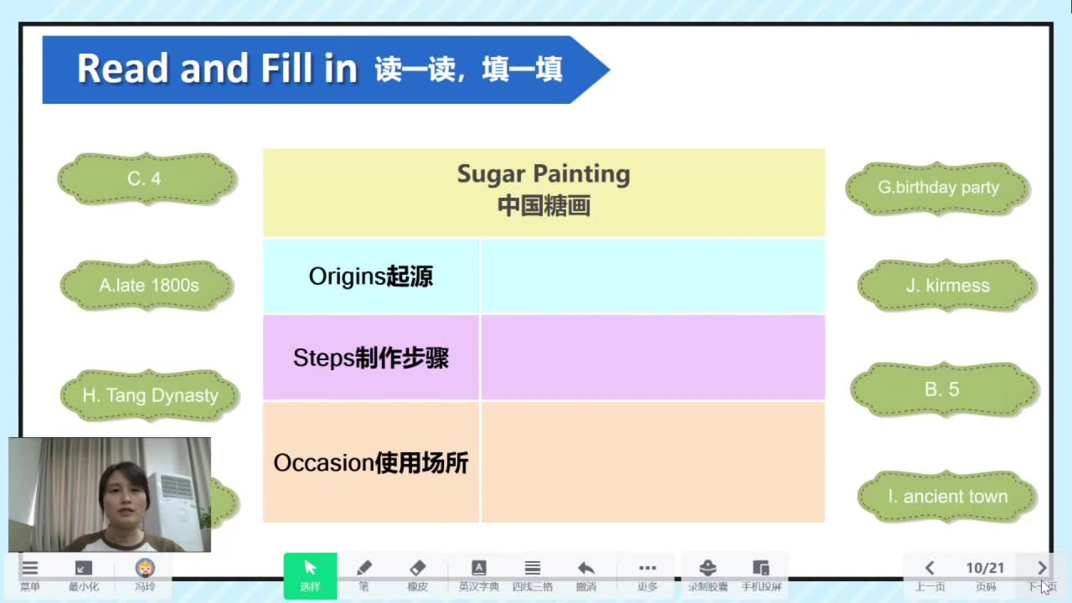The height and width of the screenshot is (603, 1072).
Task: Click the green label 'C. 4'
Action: [x=147, y=179]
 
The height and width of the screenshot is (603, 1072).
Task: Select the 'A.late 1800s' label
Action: [x=147, y=286]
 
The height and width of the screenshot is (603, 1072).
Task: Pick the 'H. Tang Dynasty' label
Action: [x=150, y=395]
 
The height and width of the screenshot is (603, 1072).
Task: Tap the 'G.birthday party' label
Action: [x=937, y=188]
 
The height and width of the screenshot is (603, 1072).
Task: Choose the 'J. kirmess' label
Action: [x=947, y=286]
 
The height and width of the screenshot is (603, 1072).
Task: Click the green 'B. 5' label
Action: [x=945, y=389]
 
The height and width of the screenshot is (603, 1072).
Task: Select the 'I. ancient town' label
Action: [x=947, y=497]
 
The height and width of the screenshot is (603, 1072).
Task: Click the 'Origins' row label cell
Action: [x=371, y=276]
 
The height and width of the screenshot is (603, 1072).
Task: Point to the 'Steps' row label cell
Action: [x=371, y=358]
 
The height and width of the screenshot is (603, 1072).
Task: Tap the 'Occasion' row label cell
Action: [x=371, y=462]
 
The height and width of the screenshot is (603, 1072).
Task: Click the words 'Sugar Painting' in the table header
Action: [x=544, y=174]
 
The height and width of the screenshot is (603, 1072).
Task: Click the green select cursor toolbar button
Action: [x=310, y=575]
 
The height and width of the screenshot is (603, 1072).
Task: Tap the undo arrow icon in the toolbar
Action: [x=585, y=568]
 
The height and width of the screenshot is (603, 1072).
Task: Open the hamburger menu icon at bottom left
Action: [x=29, y=568]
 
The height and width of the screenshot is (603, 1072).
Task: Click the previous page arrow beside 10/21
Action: [x=930, y=568]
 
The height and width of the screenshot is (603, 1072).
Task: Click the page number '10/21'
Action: [x=985, y=568]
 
